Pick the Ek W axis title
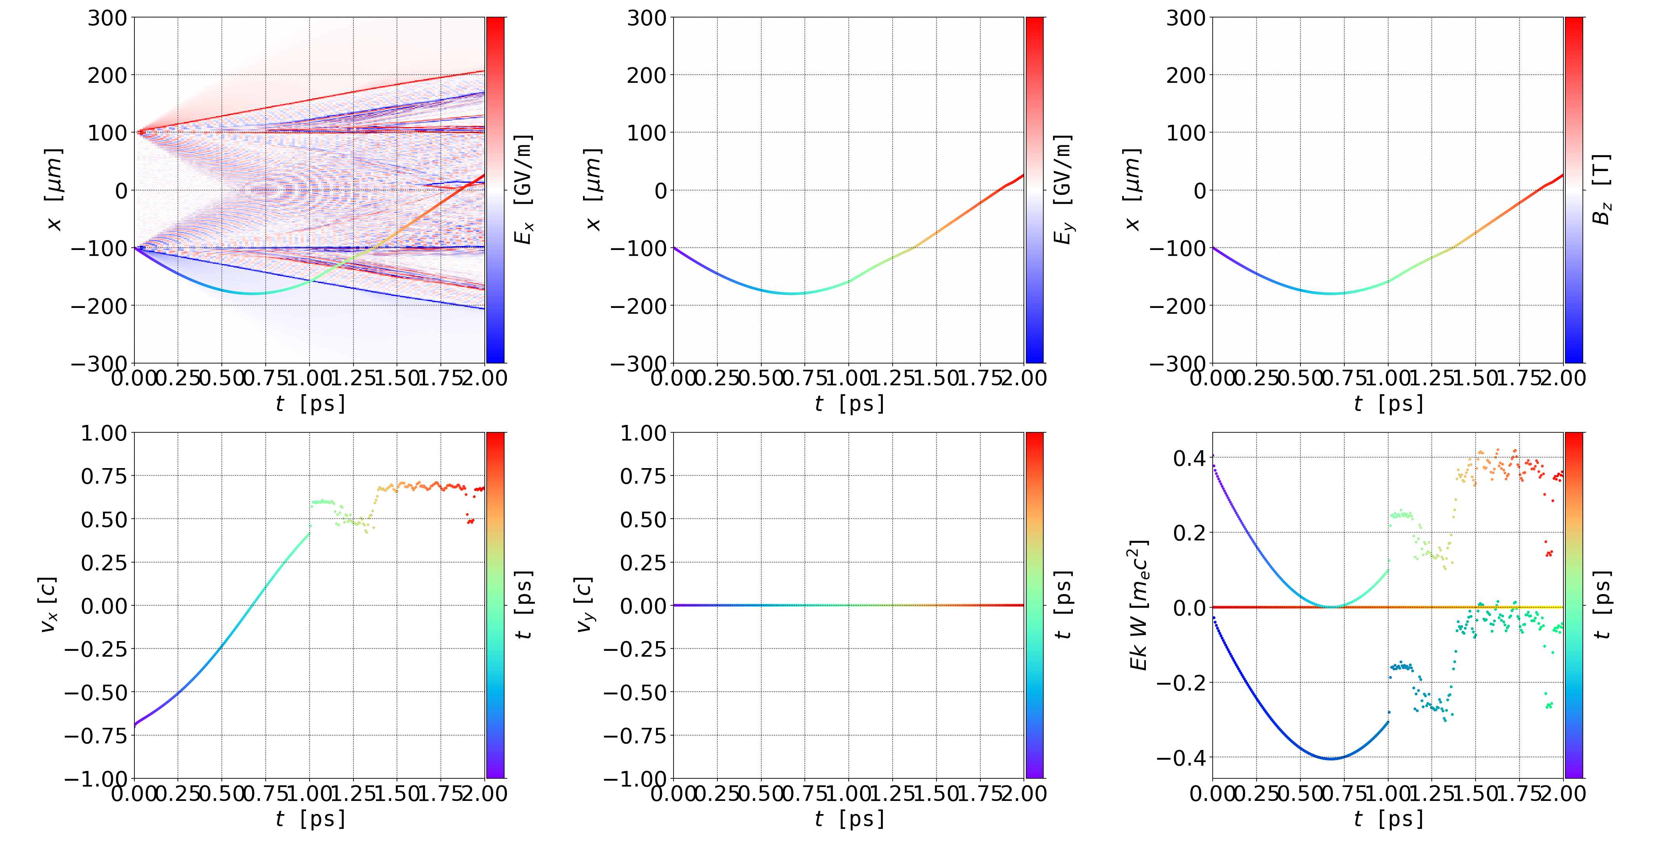click(1138, 605)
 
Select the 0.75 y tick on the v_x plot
click(104, 476)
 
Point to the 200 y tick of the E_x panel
click(108, 75)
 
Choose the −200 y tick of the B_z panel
click(1178, 306)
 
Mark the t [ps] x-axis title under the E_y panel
click(849, 404)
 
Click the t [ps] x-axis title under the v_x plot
click(310, 819)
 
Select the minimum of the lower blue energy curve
click(1332, 759)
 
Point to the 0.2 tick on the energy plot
click(1189, 533)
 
